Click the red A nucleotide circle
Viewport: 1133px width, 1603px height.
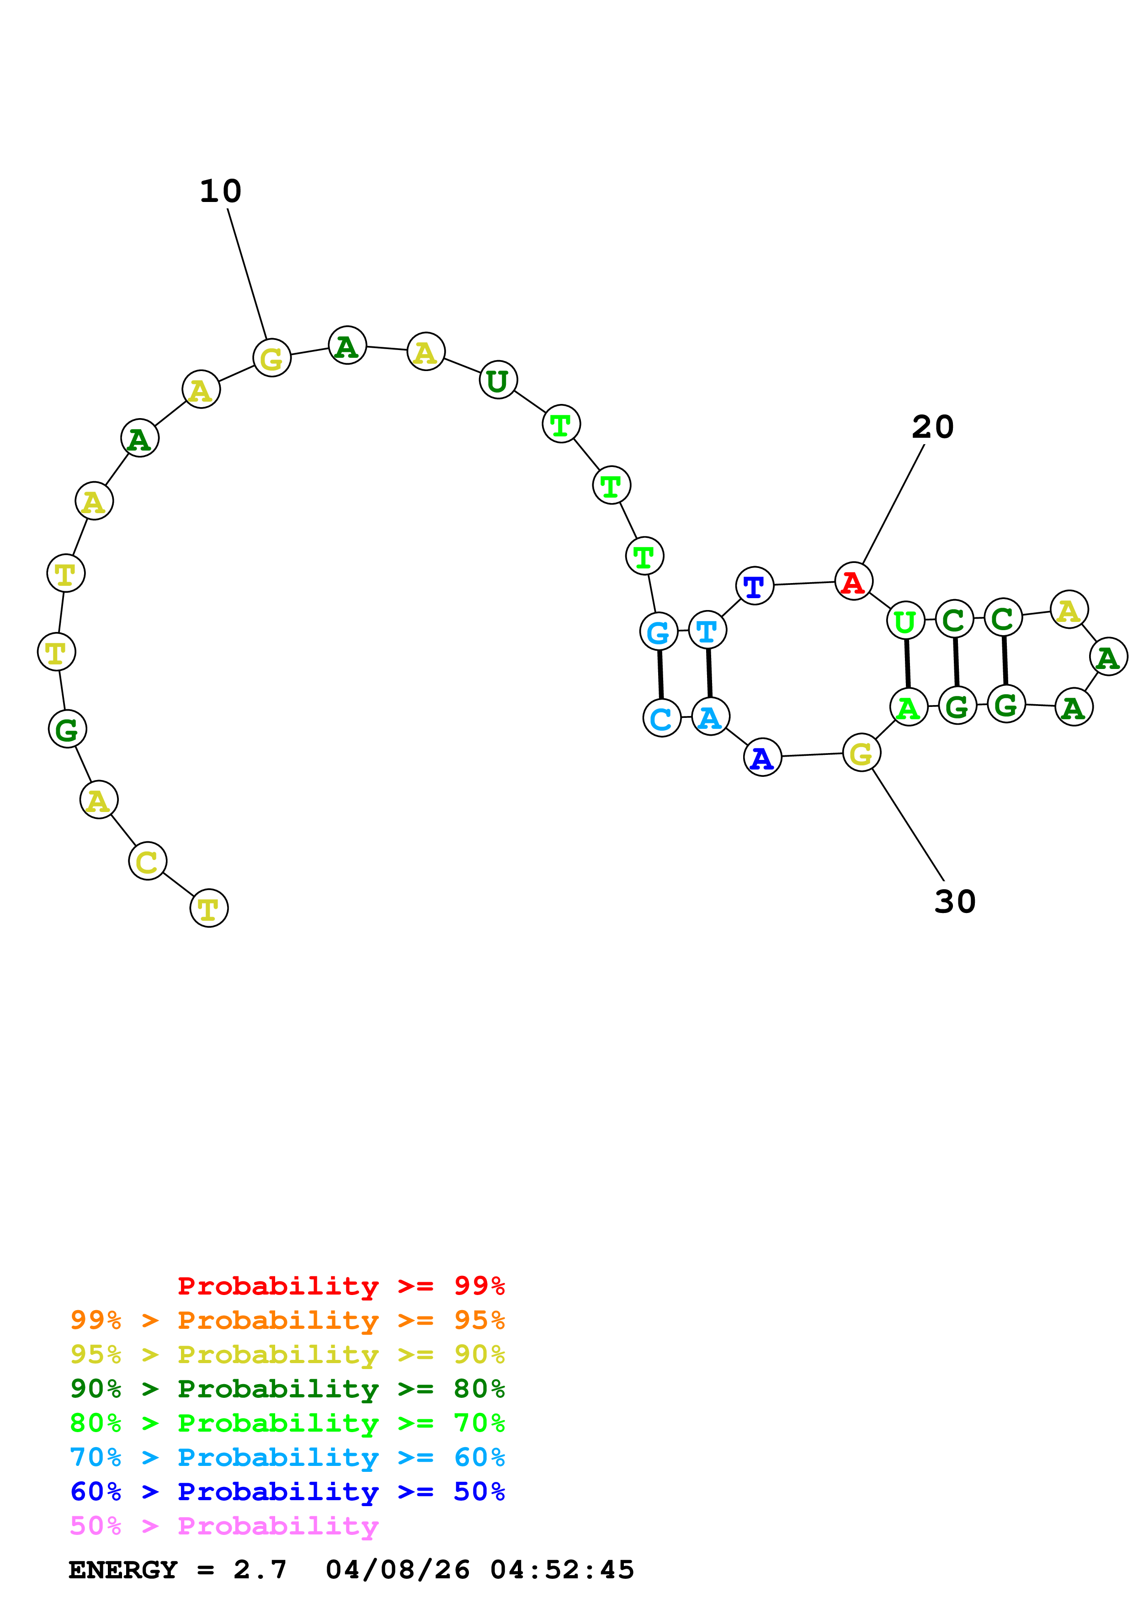[x=853, y=581]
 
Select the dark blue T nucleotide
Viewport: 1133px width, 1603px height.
[x=755, y=586]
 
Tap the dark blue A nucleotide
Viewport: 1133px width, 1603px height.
[x=762, y=758]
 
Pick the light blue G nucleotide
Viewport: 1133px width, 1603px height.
[x=658, y=631]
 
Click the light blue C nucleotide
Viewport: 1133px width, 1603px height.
[x=661, y=718]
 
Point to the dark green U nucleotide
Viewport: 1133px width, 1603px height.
[x=498, y=381]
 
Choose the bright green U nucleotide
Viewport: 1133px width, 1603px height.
[x=905, y=620]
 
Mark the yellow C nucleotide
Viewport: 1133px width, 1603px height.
[x=147, y=861]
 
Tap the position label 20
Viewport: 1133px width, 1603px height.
[x=933, y=427]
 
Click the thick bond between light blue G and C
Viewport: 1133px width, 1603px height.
[x=660, y=674]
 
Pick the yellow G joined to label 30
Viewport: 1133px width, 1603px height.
[x=861, y=753]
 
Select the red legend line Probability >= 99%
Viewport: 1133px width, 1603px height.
[x=340, y=1285]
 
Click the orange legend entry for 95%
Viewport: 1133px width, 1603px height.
[x=287, y=1320]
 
